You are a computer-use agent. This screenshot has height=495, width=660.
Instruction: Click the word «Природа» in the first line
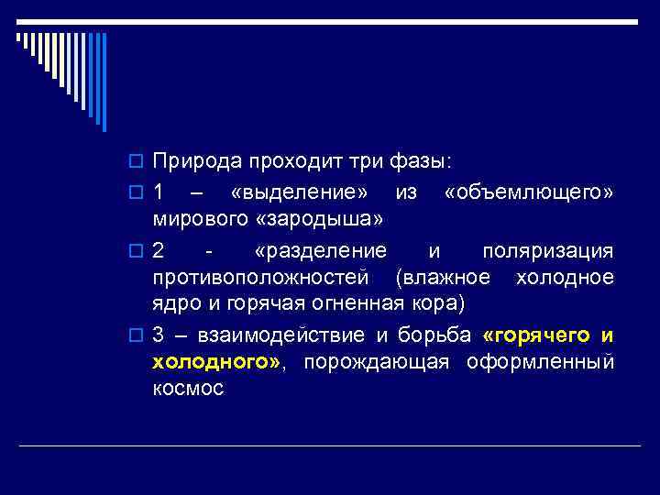[192, 162]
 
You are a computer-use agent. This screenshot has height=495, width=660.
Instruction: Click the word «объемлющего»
[529, 194]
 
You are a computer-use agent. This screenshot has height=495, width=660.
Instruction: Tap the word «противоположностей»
[261, 278]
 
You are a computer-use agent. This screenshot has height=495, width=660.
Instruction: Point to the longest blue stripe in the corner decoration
[104, 82]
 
